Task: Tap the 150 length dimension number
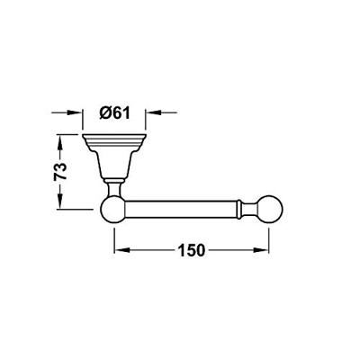191,251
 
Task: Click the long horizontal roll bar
180,211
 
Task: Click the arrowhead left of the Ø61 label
76,114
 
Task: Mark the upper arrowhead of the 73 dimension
59,139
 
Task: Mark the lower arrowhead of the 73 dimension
59,202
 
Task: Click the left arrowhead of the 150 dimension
118,252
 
